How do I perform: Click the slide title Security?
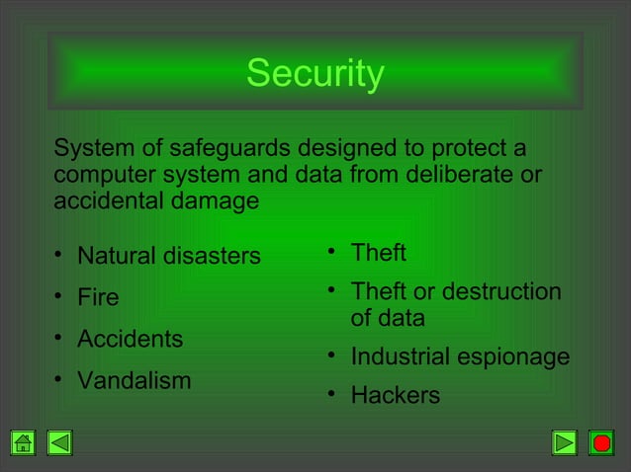point(315,74)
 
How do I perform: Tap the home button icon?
point(23,443)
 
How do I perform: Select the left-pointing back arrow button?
point(59,443)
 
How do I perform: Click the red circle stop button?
point(601,443)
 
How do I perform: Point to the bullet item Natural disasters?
point(168,257)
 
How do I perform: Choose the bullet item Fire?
point(98,298)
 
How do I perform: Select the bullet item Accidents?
point(130,340)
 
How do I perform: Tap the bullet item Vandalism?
point(134,381)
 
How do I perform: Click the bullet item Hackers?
point(395,396)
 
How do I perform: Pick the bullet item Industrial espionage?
point(460,356)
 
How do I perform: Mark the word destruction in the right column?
point(502,292)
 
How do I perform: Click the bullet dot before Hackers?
point(333,395)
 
